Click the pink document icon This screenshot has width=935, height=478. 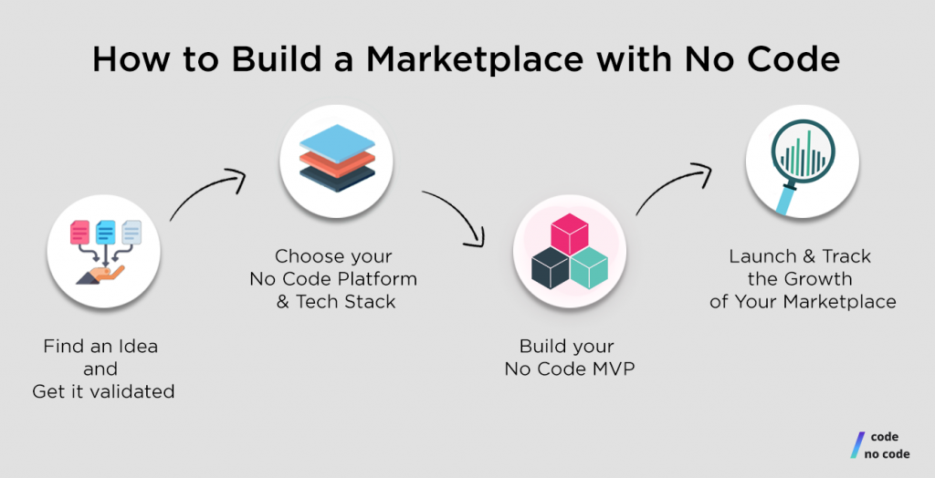coord(79,233)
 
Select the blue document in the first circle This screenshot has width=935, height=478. coord(106,233)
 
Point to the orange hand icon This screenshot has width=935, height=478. coord(100,275)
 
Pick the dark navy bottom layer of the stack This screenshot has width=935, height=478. coord(337,178)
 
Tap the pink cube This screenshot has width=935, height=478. coord(569,234)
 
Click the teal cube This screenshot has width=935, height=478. coord(589,268)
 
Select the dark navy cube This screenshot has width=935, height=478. coord(550,268)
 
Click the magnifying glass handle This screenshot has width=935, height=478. coord(785,199)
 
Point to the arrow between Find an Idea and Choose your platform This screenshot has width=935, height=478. coord(205,190)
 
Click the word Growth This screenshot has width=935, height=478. coord(818,279)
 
